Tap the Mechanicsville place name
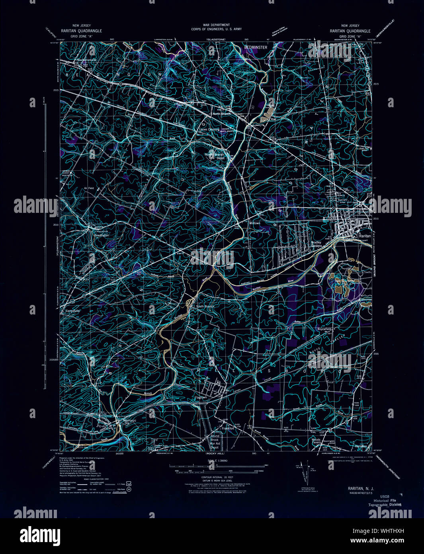click(x=87, y=60)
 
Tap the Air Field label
click(x=88, y=188)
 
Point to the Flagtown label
click(x=201, y=397)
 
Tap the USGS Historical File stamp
click(x=384, y=501)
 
